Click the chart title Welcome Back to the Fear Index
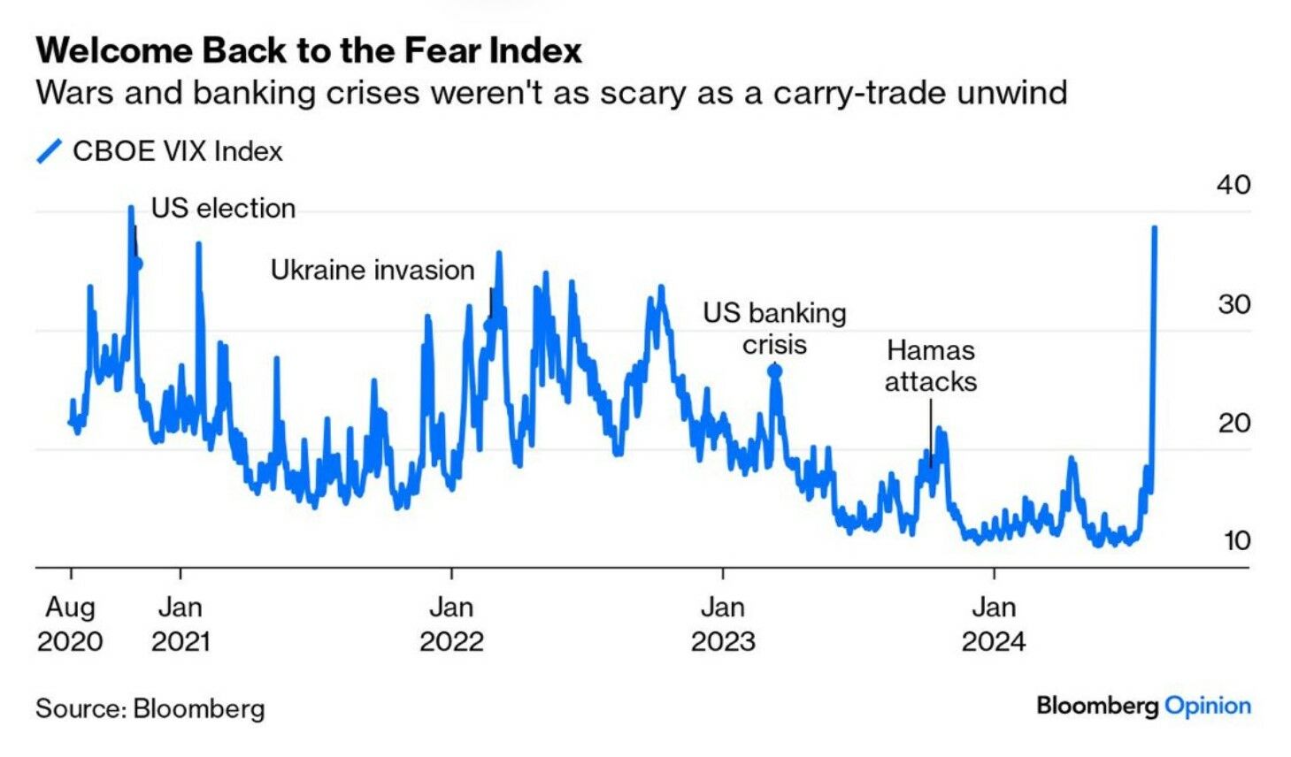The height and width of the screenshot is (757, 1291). coord(309,50)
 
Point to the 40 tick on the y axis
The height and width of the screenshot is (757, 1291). coord(1233,185)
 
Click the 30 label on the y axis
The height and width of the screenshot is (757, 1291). coord(1233,304)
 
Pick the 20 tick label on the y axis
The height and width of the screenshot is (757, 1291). coord(1233,423)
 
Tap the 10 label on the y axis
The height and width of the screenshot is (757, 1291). coord(1236,540)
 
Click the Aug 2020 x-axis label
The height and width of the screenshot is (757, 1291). coord(70,623)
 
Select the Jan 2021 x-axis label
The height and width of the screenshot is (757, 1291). coord(181,623)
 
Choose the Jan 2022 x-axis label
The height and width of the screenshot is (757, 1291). coord(451,623)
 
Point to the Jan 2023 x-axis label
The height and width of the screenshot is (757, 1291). coord(723,623)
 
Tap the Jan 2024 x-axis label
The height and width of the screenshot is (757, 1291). coord(994,623)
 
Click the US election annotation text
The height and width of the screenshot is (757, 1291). coord(223,209)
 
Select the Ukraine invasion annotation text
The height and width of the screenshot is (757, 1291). coord(373,270)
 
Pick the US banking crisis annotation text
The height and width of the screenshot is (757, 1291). coord(774,328)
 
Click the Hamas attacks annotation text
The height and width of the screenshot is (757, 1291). coord(931,365)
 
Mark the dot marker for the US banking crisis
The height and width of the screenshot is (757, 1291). coord(775,371)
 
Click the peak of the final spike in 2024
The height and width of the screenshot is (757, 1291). coord(1154,228)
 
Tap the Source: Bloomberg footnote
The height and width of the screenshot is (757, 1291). coord(150,708)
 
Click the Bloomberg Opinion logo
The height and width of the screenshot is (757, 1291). coord(1143,706)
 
